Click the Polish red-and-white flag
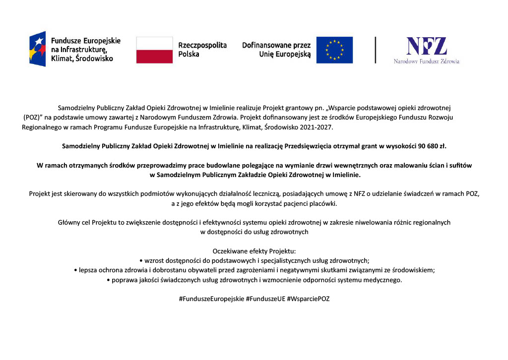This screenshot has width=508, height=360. point(154,50)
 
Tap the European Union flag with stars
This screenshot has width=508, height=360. point(334,50)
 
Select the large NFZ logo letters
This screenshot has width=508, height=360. point(427,46)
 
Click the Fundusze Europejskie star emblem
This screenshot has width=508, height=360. point(37,49)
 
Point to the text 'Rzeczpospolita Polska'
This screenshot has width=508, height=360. point(202,50)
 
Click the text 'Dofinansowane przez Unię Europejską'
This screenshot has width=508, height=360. point(276,50)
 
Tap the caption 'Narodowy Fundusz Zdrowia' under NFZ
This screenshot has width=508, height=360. point(427,61)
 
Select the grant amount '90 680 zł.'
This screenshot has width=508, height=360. point(430,146)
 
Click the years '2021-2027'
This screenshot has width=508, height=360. point(317,127)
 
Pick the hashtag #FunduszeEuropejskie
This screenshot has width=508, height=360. point(211,299)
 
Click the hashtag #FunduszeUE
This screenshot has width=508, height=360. point(265,299)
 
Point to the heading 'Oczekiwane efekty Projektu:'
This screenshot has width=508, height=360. point(254,251)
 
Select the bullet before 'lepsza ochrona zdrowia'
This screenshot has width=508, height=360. point(75,270)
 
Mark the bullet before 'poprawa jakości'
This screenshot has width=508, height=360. point(109,280)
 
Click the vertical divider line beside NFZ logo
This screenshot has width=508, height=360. point(376,50)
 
